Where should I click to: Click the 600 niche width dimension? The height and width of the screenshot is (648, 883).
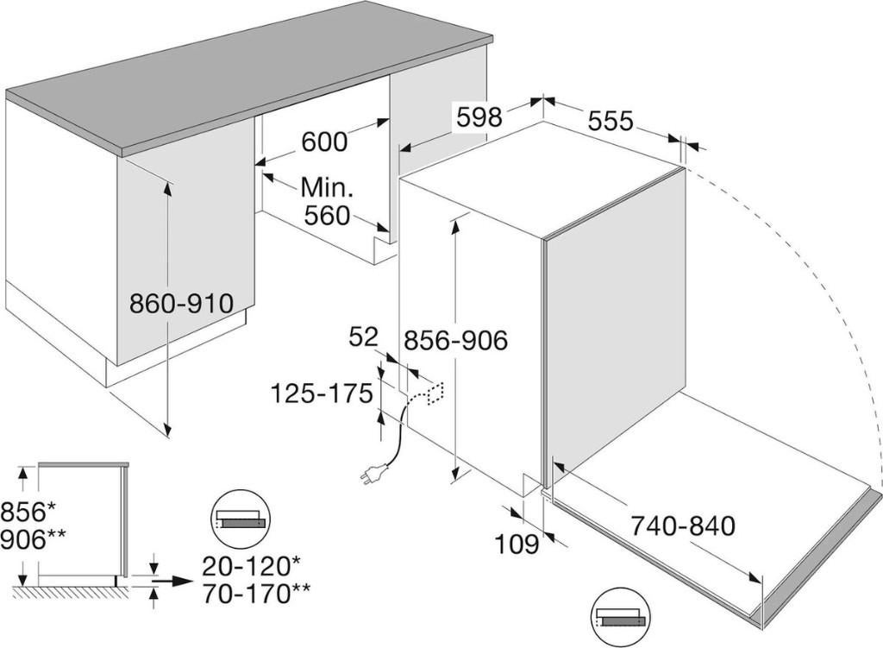click(325, 142)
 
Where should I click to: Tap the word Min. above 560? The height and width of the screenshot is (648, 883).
click(327, 186)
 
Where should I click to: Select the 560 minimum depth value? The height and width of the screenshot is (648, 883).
click(327, 216)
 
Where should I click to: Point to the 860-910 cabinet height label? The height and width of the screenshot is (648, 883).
click(181, 303)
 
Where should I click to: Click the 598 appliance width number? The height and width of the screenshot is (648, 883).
click(479, 117)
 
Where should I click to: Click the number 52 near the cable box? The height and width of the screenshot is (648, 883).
click(364, 337)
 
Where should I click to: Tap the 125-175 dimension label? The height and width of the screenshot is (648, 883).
click(322, 393)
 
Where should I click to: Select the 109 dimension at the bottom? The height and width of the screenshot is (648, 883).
click(517, 544)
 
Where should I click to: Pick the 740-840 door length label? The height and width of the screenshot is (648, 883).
click(682, 525)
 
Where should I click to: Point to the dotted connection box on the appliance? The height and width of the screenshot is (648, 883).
click(435, 393)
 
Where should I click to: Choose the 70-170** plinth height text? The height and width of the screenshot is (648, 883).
click(255, 594)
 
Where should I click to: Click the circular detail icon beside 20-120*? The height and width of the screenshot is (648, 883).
click(241, 519)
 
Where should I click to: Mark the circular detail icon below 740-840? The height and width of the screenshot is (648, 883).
click(620, 616)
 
